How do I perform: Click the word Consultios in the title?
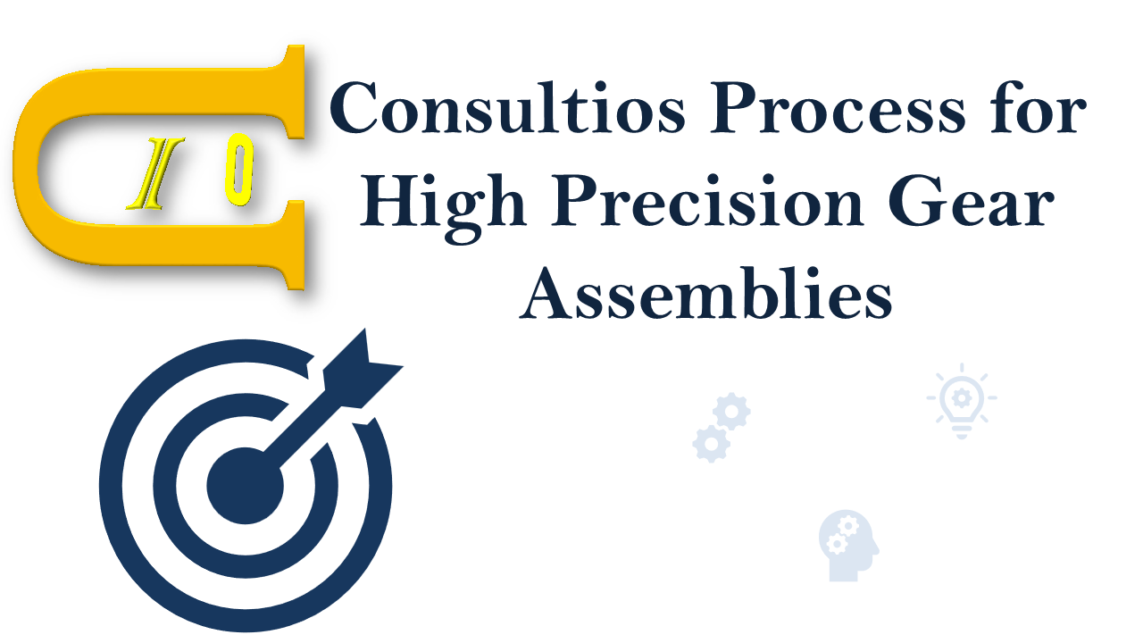tap(508, 107)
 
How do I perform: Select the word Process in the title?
tap(838, 107)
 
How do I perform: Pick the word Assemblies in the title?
tap(706, 293)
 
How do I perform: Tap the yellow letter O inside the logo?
tap(239, 171)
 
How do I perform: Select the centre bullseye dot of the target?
tap(246, 486)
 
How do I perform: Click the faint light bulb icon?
tap(962, 401)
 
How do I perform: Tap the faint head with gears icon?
tap(848, 546)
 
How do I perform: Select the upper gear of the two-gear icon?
tap(731, 412)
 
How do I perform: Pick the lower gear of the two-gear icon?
tap(712, 444)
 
